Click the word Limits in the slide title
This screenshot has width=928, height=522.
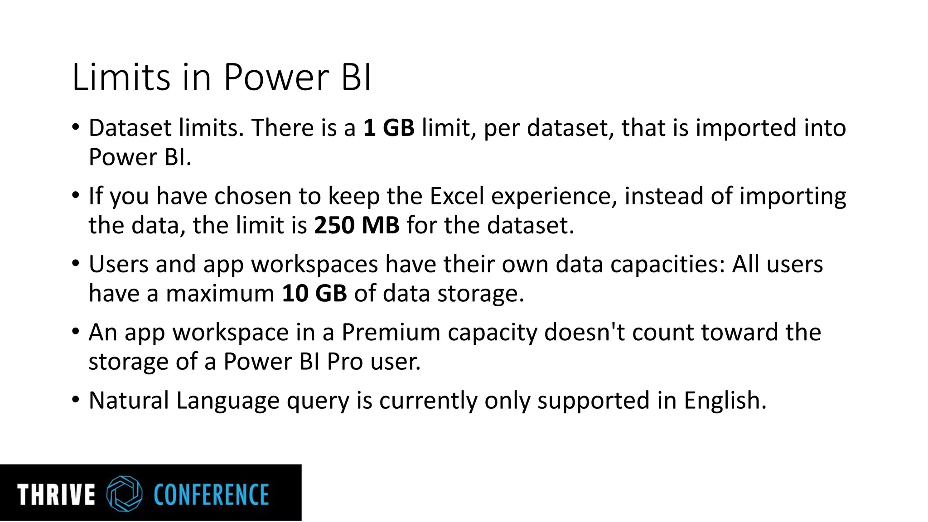[x=121, y=77]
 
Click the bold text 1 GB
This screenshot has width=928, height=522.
[x=389, y=128]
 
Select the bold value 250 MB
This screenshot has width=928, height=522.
[x=357, y=225]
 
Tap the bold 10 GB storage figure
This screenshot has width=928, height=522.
[x=314, y=293]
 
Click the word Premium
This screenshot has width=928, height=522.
[x=391, y=332]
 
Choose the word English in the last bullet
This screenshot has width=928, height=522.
[x=725, y=401]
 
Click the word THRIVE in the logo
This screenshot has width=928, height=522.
[x=56, y=494]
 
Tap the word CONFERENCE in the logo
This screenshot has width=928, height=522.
[x=211, y=494]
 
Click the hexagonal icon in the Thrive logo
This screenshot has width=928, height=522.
[x=124, y=493]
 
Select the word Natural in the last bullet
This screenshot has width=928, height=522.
[x=129, y=401]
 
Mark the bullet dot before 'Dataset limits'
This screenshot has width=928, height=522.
[x=76, y=127]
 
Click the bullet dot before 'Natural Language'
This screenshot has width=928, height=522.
[x=76, y=400]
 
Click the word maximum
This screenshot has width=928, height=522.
[x=220, y=294]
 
